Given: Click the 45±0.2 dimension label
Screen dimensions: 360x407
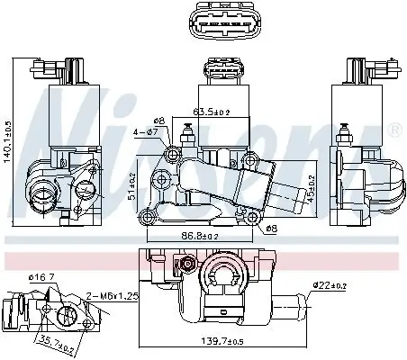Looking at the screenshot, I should click(x=312, y=190).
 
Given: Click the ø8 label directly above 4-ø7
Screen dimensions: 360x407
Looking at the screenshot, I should click(x=159, y=120).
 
